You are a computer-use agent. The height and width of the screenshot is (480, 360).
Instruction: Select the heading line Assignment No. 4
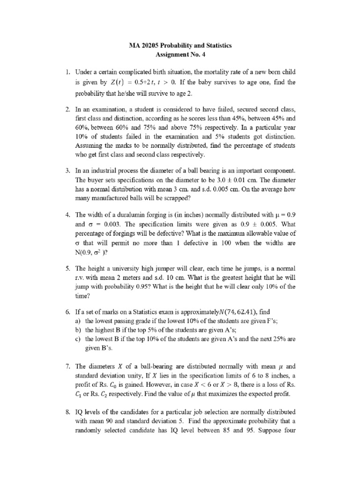[x=180, y=55]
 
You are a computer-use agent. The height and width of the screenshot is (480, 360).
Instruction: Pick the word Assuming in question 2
[x=90, y=145]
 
